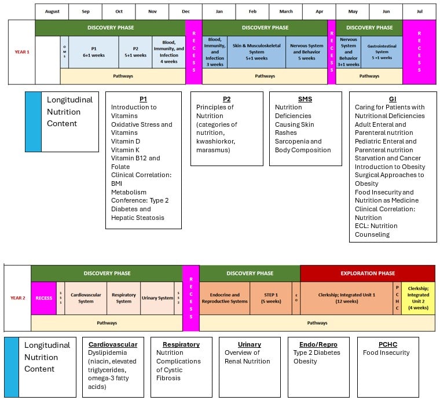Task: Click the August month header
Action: click(52, 12)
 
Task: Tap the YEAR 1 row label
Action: click(22, 52)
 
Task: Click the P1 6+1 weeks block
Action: click(93, 52)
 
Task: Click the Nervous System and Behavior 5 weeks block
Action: click(307, 52)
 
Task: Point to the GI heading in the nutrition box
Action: click(393, 99)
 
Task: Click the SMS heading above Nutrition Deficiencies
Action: click(305, 99)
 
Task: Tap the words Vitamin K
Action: click(126, 149)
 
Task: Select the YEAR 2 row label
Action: click(18, 298)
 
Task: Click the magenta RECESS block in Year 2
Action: click(43, 298)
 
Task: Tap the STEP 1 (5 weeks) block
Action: click(270, 298)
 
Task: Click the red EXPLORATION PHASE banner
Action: click(367, 273)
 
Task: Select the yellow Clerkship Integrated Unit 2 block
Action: click(418, 298)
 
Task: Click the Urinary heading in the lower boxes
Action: click(249, 344)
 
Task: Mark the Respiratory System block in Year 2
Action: click(123, 298)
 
